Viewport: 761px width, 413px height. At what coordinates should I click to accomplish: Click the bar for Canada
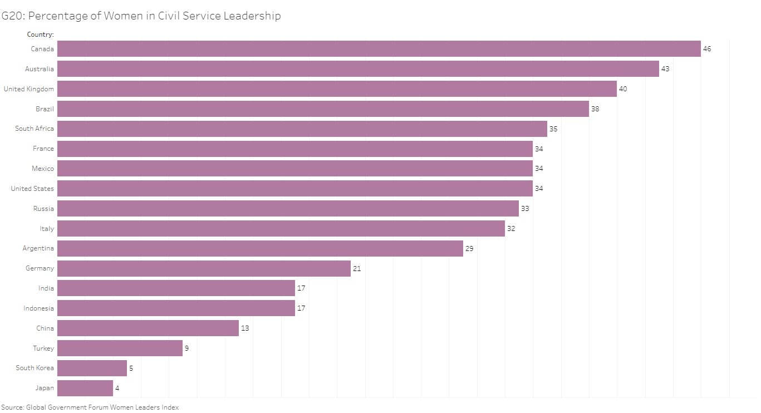pos(379,49)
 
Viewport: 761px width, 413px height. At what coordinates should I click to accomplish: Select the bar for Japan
pos(85,388)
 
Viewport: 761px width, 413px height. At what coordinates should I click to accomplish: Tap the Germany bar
pos(204,268)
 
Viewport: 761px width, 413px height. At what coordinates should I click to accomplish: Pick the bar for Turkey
pos(120,348)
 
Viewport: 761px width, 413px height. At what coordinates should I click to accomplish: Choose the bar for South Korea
pos(92,368)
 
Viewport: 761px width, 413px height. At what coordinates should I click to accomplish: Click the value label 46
pos(707,49)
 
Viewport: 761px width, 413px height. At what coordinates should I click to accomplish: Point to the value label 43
pos(665,69)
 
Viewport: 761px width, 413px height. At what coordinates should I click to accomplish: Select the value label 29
pos(469,249)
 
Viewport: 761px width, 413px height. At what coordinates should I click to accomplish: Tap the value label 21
pos(357,268)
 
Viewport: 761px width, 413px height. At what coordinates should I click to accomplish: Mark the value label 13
pos(245,328)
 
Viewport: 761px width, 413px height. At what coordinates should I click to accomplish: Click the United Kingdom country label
pos(29,89)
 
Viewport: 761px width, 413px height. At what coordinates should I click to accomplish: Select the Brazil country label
pos(45,109)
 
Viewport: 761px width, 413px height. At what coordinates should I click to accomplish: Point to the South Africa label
pos(35,129)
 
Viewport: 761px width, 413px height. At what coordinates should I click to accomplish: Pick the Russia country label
pos(43,209)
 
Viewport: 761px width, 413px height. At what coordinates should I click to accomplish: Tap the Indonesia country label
pos(39,308)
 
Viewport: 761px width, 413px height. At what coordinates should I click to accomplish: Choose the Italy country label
pos(47,229)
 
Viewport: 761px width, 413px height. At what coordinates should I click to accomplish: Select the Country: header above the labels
pos(40,35)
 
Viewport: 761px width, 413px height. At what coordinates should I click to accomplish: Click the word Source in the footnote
pos(12,407)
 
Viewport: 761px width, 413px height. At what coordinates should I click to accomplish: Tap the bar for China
pos(148,328)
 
